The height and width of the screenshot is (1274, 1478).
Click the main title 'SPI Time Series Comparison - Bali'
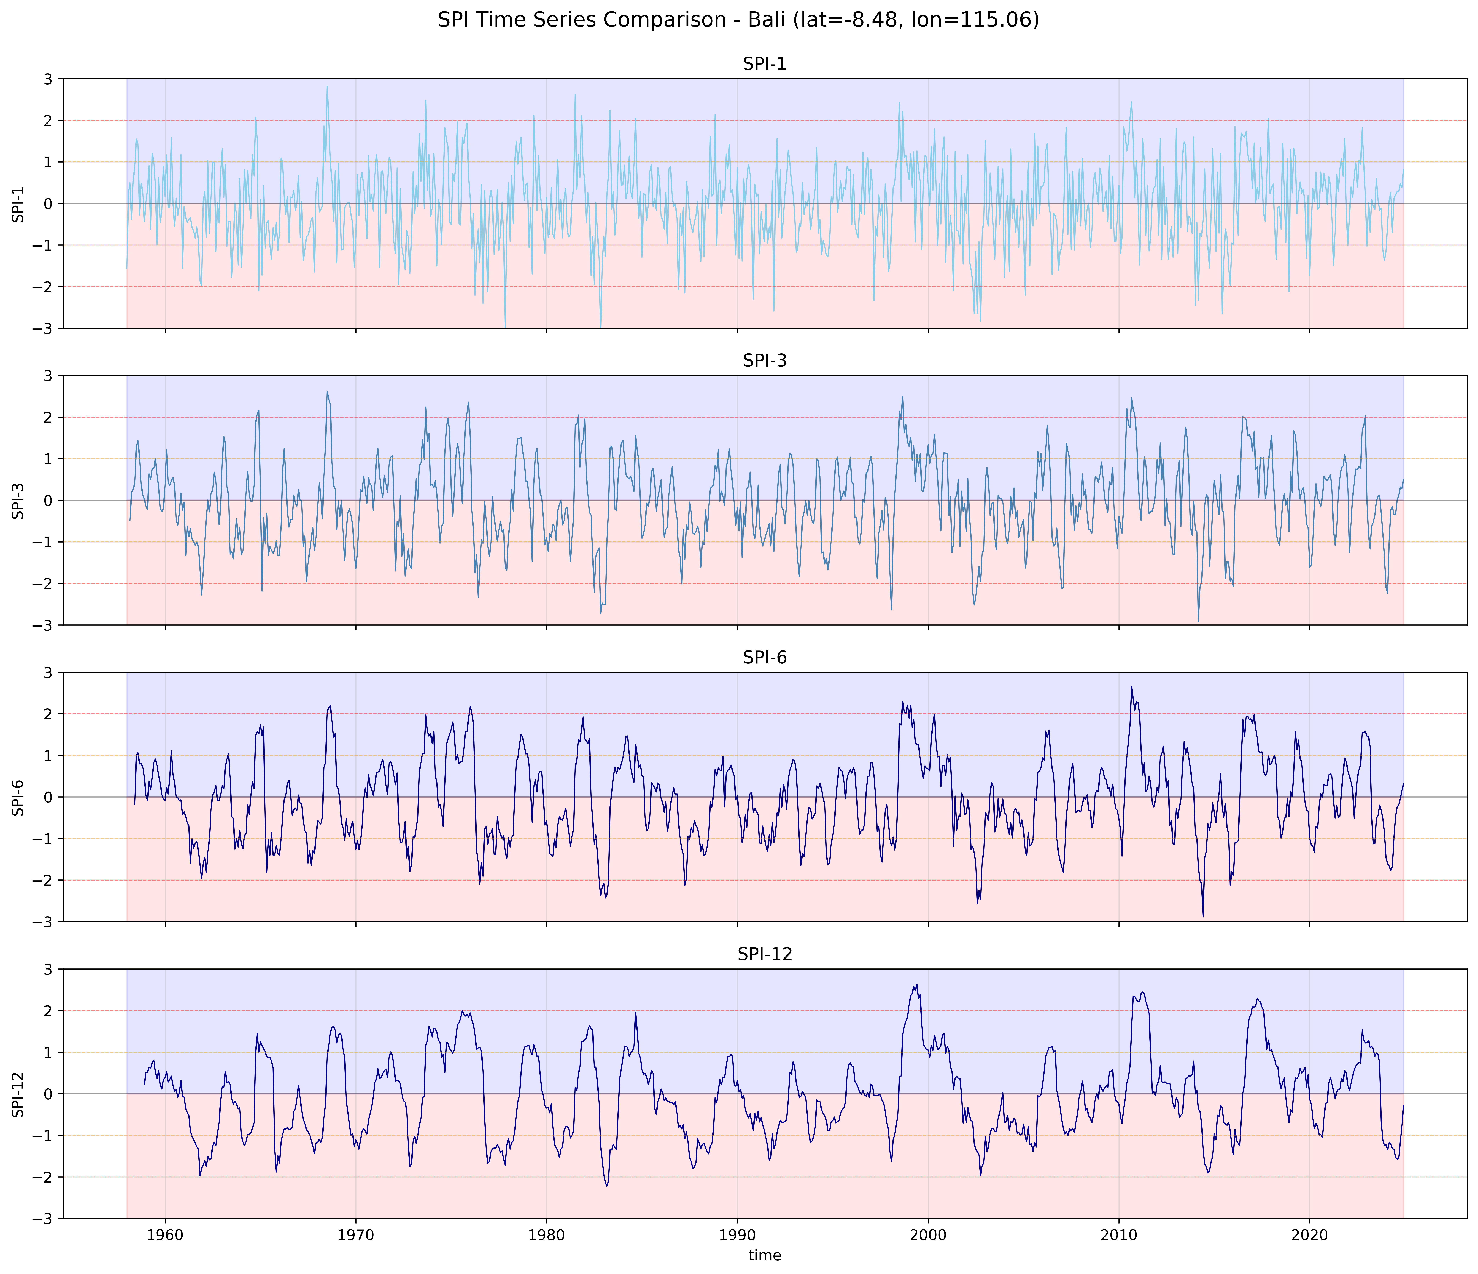(x=738, y=20)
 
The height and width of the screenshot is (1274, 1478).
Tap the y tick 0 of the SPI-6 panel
(x=49, y=797)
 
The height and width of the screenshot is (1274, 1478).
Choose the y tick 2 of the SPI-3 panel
(x=49, y=417)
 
